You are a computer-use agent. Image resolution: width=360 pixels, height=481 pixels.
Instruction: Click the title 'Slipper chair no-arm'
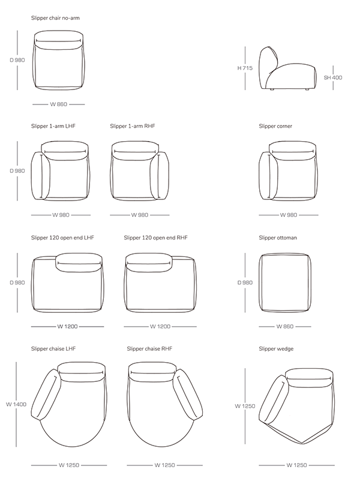pyautogui.click(x=55, y=18)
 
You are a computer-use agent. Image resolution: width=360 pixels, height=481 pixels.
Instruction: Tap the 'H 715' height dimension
pyautogui.click(x=245, y=68)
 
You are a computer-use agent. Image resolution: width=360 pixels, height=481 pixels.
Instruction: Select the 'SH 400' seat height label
pyautogui.click(x=333, y=77)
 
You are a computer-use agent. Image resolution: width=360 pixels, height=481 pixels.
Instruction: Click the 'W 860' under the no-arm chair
pyautogui.click(x=59, y=104)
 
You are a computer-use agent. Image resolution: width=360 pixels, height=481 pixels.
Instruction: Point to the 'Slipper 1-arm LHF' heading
pyautogui.click(x=53, y=126)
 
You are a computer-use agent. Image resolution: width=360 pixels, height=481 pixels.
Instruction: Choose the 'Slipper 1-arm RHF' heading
pyautogui.click(x=133, y=126)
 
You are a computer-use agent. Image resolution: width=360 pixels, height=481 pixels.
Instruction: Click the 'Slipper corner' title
pyautogui.click(x=275, y=126)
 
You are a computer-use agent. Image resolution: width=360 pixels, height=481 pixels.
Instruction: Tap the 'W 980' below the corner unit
pyautogui.click(x=289, y=215)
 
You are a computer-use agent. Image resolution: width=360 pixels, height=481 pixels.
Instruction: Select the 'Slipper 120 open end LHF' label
pyautogui.click(x=62, y=238)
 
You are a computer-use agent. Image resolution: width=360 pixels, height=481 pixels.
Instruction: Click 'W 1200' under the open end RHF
pyautogui.click(x=160, y=327)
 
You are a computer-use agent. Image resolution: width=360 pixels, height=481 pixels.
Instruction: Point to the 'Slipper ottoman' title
pyautogui.click(x=278, y=238)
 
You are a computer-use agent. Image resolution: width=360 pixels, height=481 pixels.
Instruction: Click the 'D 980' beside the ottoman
pyautogui.click(x=245, y=282)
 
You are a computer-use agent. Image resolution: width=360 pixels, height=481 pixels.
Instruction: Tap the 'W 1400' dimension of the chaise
pyautogui.click(x=16, y=405)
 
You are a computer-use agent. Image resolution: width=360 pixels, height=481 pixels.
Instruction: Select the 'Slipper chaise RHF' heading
pyautogui.click(x=149, y=349)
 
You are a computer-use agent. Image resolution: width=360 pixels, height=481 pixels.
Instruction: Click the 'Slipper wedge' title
pyautogui.click(x=276, y=349)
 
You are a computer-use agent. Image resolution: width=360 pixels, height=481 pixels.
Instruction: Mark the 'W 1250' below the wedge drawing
pyautogui.click(x=296, y=465)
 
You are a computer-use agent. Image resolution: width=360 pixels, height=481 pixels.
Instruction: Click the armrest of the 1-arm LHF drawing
pyautogui.click(x=40, y=175)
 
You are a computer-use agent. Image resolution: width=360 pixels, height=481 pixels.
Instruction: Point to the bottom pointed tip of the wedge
pyautogui.click(x=302, y=444)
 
